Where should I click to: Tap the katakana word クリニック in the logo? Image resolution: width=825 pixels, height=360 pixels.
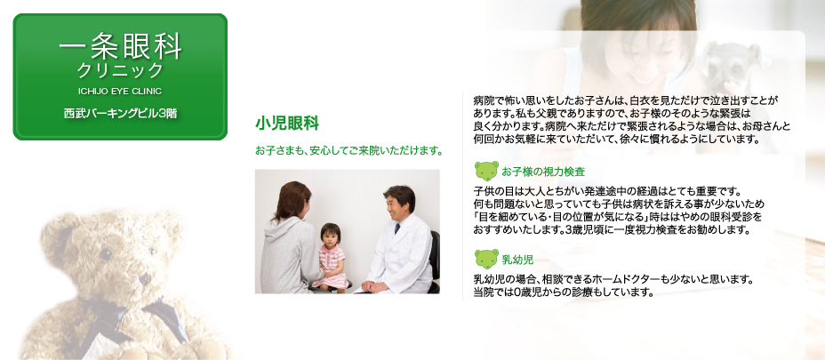120,70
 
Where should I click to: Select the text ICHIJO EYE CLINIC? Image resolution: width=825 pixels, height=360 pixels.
120,91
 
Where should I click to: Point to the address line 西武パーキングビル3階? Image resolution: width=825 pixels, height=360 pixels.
120,113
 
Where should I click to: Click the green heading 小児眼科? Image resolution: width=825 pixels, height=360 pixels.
287,124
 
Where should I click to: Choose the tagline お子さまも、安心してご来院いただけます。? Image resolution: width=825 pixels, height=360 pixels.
348,151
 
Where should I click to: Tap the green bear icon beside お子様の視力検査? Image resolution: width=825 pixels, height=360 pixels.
486,171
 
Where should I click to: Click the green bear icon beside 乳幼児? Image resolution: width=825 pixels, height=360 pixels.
486,259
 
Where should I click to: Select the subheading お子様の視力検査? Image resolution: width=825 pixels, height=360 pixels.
543,172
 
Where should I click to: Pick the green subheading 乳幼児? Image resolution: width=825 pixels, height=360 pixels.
517,259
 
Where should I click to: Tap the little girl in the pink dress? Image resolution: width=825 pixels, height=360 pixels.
332,257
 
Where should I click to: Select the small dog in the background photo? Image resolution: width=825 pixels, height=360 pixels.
733,68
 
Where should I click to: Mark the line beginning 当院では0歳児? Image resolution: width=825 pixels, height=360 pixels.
563,292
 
